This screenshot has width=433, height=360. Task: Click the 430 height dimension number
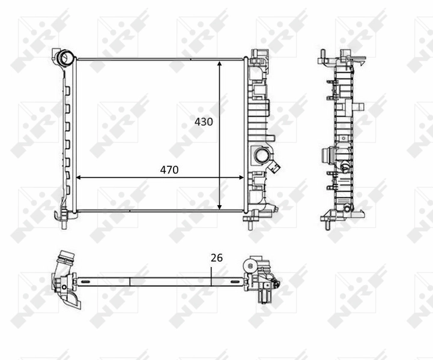pyautogui.click(x=204, y=121)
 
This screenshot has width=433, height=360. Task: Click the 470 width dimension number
pyautogui.click(x=169, y=170)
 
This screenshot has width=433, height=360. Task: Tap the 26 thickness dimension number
pyautogui.click(x=216, y=257)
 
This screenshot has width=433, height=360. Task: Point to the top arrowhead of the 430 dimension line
pyautogui.click(x=219, y=62)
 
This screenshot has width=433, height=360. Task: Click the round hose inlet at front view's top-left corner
pyautogui.click(x=64, y=58)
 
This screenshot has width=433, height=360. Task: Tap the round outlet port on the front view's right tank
pyautogui.click(x=262, y=155)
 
